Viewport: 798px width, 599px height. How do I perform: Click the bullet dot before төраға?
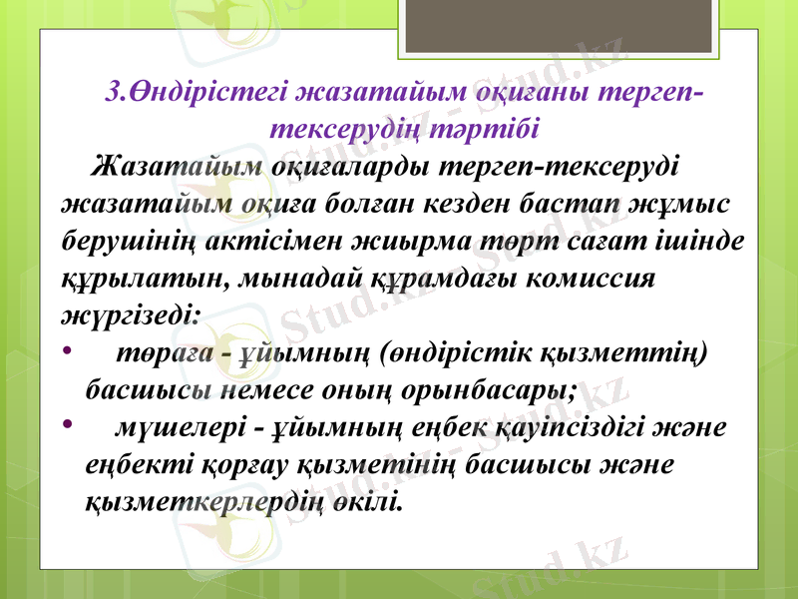(x=66, y=351)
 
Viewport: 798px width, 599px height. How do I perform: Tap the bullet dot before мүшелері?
(x=66, y=427)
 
